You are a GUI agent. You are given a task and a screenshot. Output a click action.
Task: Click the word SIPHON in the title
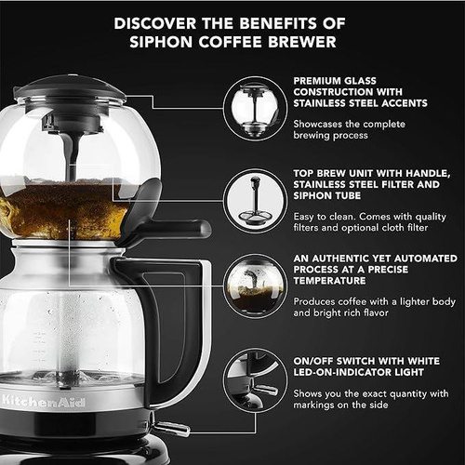point(161,42)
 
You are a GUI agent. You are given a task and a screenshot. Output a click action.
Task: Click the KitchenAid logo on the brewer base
point(43,402)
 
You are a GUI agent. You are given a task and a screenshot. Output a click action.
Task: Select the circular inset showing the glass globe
point(255,109)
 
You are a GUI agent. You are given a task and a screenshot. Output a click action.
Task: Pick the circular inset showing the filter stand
point(255,201)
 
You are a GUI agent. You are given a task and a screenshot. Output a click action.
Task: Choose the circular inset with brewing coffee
point(255,286)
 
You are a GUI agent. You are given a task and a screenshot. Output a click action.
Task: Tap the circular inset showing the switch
point(255,380)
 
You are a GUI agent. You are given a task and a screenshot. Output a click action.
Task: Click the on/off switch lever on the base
point(171,429)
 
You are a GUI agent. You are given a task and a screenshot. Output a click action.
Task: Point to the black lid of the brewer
point(70,88)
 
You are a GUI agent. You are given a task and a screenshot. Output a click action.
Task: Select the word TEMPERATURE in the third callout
point(329,281)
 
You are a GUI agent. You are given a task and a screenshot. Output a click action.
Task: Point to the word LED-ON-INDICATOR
point(339,372)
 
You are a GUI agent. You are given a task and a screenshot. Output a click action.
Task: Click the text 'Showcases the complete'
point(350,124)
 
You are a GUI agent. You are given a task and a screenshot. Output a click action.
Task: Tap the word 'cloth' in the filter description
point(393,228)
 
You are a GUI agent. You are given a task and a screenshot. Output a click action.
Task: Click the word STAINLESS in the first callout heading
point(321,103)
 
